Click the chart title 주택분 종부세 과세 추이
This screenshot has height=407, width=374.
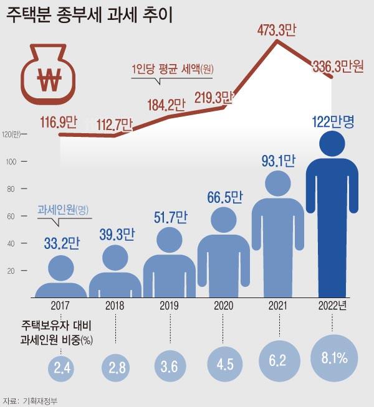[x=90, y=14]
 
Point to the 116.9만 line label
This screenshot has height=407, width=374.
[x=54, y=123]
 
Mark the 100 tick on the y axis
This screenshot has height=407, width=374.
[x=16, y=162]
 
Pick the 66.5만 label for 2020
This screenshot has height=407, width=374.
[x=224, y=199]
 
